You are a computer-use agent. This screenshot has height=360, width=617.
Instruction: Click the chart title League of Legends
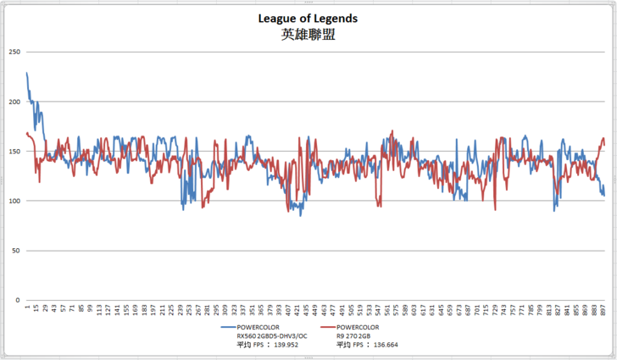point(308,18)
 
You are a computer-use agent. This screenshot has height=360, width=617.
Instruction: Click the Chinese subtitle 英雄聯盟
point(308,36)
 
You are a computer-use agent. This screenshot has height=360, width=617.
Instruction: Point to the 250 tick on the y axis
point(14,52)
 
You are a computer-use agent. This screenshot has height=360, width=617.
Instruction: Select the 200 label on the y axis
point(14,102)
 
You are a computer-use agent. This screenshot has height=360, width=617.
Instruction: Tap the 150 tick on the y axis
point(14,151)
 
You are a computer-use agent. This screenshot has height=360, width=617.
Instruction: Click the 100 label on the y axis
point(14,201)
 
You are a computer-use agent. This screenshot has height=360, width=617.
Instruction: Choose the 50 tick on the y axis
point(15,251)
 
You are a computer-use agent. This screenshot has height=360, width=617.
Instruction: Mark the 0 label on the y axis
point(18,300)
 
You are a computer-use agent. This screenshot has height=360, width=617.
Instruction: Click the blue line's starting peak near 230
point(27,74)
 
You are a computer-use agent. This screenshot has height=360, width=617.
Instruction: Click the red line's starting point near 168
point(27,133)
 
